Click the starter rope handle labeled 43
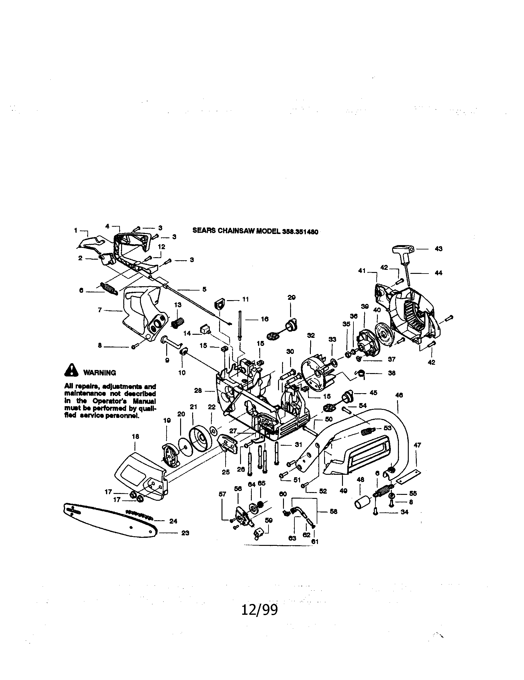click(403, 249)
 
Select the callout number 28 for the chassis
click(198, 390)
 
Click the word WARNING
click(99, 373)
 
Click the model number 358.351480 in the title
click(300, 232)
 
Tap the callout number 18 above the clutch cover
click(135, 436)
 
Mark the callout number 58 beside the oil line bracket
click(333, 512)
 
